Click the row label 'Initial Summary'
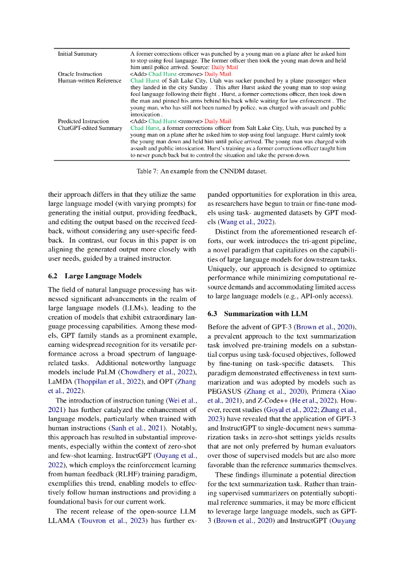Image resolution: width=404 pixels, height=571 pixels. pyautogui.click(x=78, y=54)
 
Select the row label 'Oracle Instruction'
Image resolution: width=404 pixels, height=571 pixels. pyautogui.click(x=80, y=74)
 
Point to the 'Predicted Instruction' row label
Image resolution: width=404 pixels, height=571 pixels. pyautogui.click(x=83, y=121)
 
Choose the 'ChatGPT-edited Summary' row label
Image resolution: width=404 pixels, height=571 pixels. pyautogui.click(x=90, y=128)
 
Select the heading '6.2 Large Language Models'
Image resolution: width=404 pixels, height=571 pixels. pyautogui.click(x=95, y=275)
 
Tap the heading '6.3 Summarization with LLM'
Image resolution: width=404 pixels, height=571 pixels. pyautogui.click(x=257, y=313)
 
